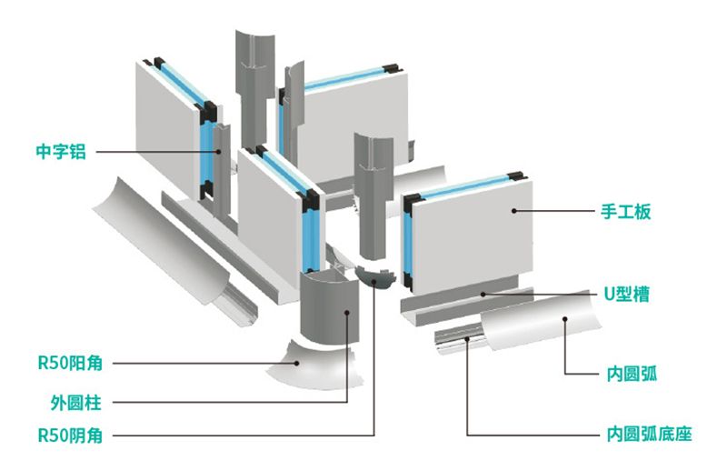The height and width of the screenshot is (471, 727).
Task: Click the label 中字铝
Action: point(61,152)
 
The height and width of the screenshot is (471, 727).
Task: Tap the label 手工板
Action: point(626,212)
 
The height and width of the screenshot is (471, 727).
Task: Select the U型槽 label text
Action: point(627,295)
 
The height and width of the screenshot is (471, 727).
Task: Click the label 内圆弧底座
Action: point(649,435)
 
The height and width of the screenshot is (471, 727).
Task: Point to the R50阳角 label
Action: point(70,363)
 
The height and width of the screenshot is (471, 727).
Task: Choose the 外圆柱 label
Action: point(75,402)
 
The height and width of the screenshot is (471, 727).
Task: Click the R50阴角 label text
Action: point(70,436)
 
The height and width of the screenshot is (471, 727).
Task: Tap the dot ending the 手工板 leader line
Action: point(513,211)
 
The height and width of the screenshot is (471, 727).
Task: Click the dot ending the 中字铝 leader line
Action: point(218,151)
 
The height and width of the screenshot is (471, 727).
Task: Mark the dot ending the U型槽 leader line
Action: point(483,295)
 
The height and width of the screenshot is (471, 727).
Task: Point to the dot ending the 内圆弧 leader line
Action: point(565,319)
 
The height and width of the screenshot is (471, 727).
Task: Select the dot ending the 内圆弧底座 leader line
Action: point(467,339)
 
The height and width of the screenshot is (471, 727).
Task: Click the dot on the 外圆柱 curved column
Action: point(347,313)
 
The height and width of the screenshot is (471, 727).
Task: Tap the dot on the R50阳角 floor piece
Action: point(297,364)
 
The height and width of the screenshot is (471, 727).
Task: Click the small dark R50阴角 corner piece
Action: point(376,277)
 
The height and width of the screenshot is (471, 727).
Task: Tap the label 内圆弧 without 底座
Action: point(632,374)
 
